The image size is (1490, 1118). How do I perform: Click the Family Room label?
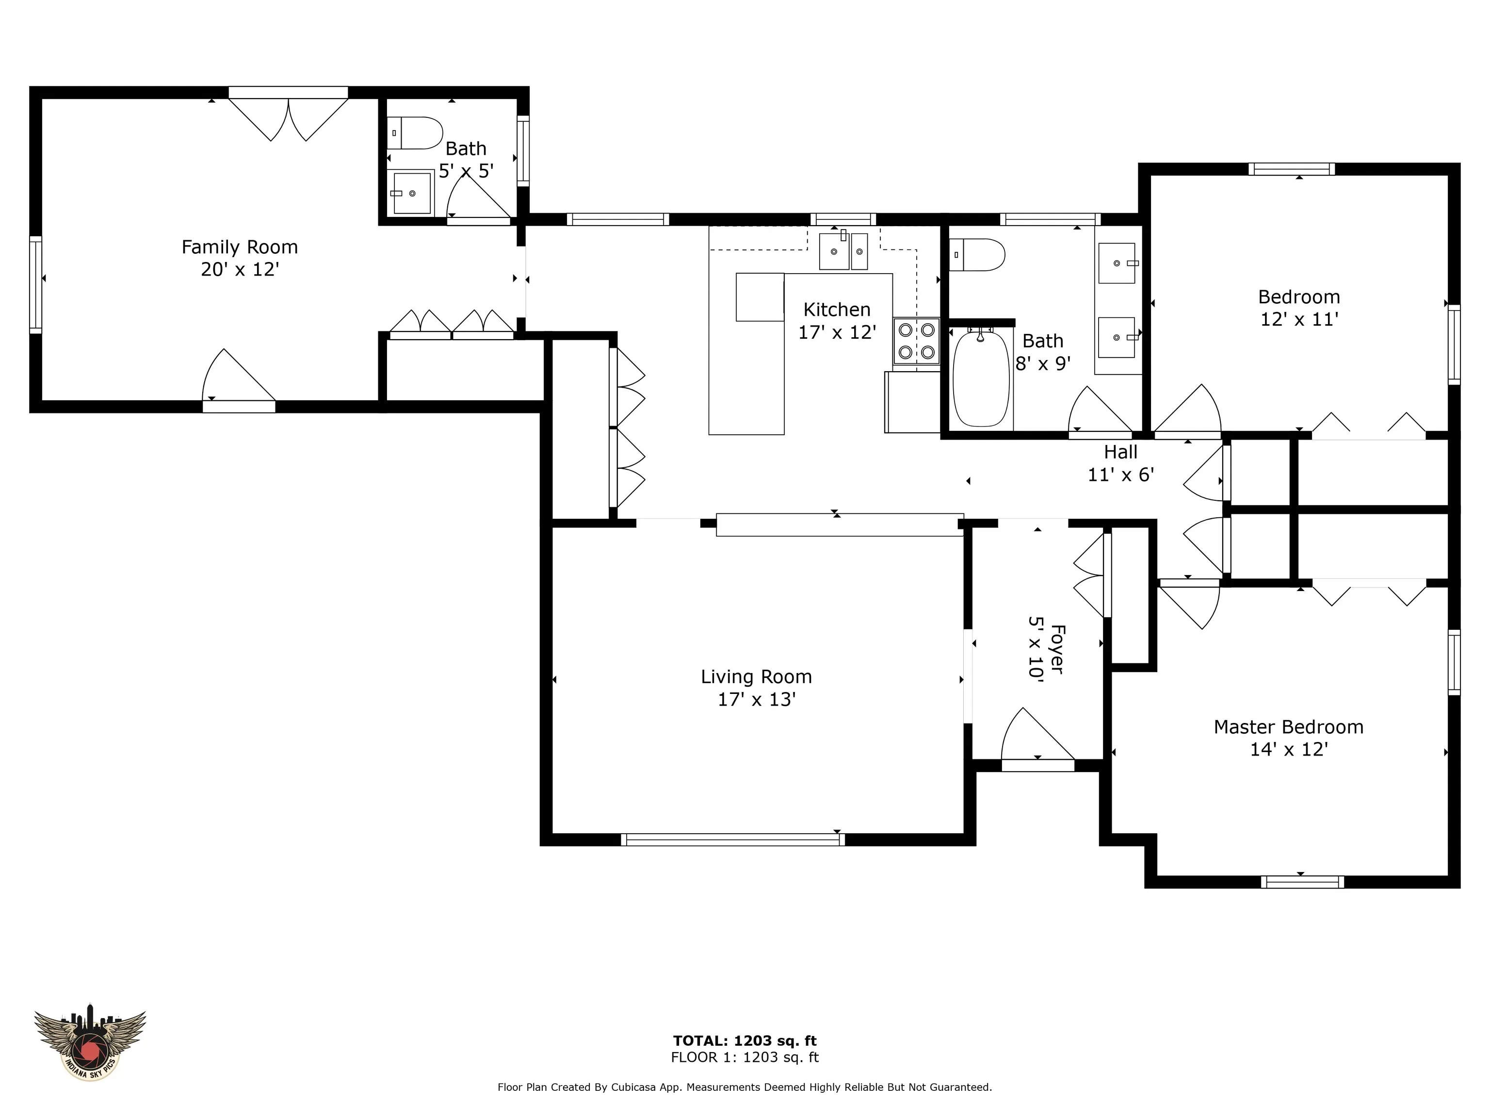240,247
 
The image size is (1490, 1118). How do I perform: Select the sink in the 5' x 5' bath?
412,194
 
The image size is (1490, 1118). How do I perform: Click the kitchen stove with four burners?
917,341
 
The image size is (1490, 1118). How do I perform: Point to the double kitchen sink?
843,251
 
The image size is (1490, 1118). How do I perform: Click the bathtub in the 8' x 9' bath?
981,378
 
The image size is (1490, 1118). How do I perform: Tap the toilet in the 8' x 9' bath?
977,255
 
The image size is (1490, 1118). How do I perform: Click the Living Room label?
757,676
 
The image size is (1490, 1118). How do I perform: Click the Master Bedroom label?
1289,727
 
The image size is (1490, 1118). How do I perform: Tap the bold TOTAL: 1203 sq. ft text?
745,1041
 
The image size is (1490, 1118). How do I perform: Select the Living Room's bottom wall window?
732,839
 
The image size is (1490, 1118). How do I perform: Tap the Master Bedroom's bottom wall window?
1302,882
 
